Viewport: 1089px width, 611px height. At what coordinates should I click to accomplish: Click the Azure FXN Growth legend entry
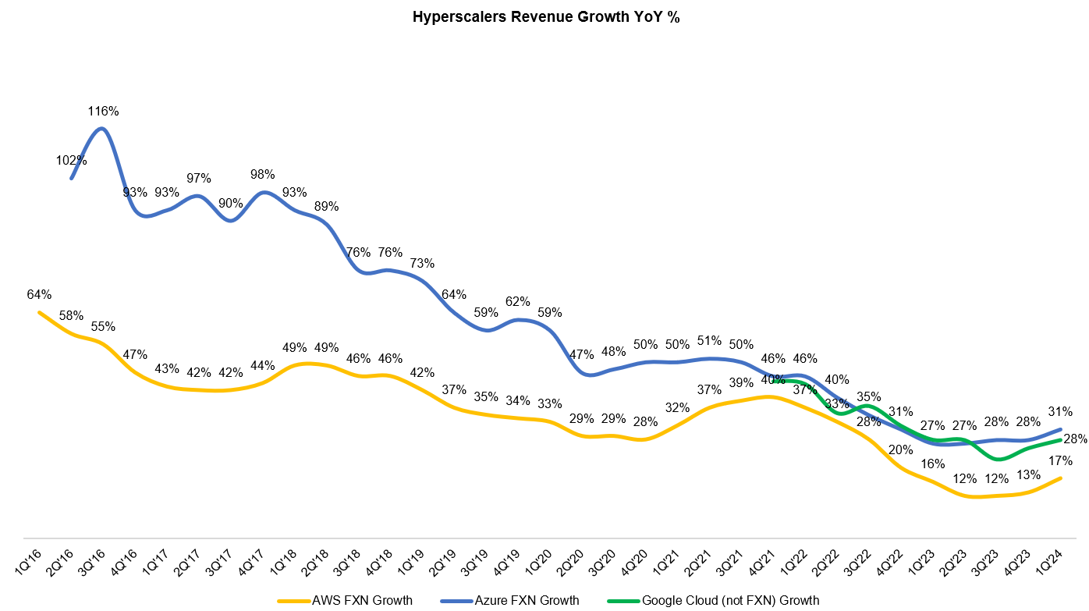pos(527,600)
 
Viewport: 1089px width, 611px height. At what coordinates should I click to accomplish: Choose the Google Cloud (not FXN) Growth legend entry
pos(730,600)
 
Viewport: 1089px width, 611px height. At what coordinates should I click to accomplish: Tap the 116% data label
pos(103,112)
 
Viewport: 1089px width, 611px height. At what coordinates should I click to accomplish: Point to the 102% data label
pos(71,161)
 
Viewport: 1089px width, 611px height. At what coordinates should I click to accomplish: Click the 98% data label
pos(263,174)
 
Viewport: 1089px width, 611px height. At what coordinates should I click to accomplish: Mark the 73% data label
pos(422,263)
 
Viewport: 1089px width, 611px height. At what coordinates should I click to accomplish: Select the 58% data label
pos(71,315)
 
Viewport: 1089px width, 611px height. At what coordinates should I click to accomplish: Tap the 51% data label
pos(709,340)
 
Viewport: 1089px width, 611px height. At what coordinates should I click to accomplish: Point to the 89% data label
pos(326,206)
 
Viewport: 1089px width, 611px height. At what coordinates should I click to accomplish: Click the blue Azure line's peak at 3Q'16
pos(103,128)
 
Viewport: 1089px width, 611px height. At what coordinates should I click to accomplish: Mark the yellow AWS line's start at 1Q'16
pos(39,312)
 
